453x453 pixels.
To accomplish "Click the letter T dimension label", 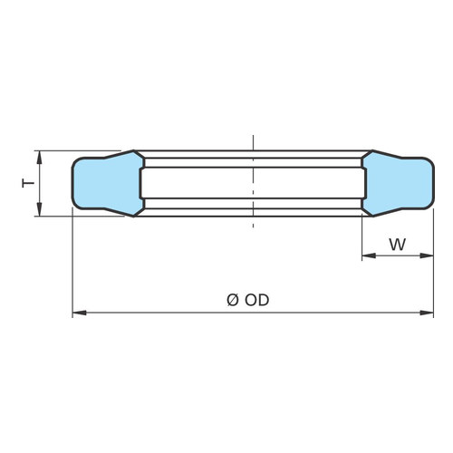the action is pos(28,183).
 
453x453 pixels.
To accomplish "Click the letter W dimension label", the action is pos(398,245).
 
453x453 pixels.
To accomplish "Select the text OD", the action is pos(256,300).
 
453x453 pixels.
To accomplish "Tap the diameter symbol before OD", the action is pos(233,300).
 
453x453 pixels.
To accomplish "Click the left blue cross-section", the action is pos(107,183).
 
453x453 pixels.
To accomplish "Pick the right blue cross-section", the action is pos(398,183).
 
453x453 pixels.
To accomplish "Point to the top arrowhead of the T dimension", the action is pos(39,157).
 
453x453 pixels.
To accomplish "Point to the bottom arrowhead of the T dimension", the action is pos(39,209).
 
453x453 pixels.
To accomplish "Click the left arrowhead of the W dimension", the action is pos(369,255).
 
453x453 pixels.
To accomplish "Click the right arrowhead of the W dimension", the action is pos(427,255).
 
